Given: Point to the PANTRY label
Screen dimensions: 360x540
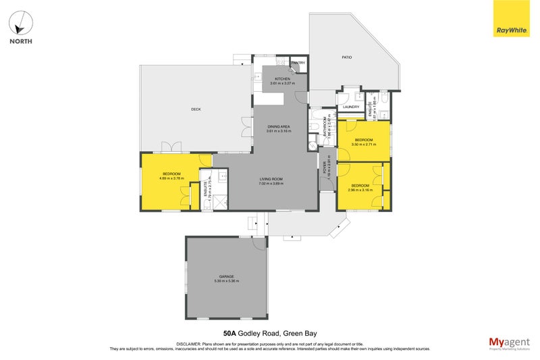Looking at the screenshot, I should (298, 63).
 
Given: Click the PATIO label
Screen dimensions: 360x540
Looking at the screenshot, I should (346, 57).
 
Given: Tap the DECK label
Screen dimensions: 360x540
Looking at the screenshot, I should (196, 109).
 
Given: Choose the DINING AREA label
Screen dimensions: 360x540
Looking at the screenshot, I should (279, 126).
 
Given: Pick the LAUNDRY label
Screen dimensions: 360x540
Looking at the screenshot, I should (351, 107).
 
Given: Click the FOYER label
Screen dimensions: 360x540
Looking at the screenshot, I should (325, 167).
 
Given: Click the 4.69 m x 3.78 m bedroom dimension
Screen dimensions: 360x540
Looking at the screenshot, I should (171, 178).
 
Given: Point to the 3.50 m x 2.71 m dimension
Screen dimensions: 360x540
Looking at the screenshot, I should (364, 144).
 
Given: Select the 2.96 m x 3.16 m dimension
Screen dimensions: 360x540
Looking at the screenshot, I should (360, 190).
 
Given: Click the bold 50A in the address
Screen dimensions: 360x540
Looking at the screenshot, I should (230, 333).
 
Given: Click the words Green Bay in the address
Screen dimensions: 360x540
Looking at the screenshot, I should (300, 333).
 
